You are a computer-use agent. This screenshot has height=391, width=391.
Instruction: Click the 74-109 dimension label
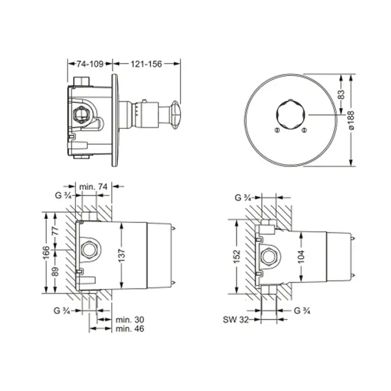[x=90, y=64]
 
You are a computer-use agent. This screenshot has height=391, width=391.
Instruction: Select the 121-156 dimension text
[x=146, y=64]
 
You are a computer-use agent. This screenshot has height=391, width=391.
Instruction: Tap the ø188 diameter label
[x=351, y=120]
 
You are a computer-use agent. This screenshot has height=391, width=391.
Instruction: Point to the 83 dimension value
[x=342, y=94]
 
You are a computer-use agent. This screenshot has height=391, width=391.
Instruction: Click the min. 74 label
[x=93, y=186]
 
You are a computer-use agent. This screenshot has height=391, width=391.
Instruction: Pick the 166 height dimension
[x=46, y=252]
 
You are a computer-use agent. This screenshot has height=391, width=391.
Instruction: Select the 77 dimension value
[x=56, y=231]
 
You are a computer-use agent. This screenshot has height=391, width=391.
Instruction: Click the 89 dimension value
[x=56, y=271]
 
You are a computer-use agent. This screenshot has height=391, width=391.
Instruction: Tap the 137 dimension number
[x=121, y=255]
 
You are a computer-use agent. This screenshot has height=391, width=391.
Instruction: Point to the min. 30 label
[x=130, y=320]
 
